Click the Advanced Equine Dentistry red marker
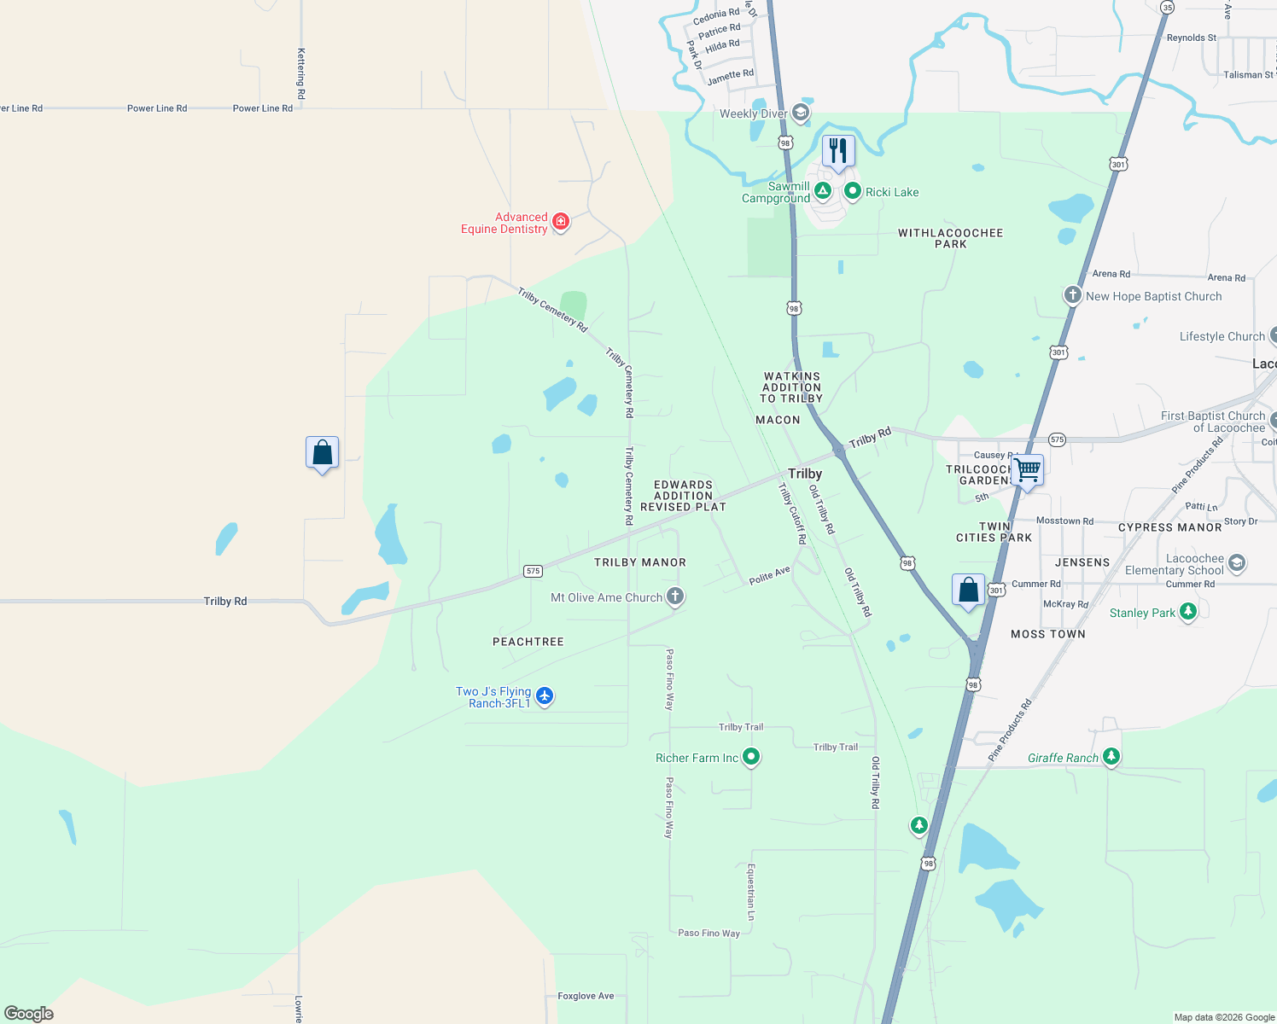561,222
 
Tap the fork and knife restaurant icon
838,152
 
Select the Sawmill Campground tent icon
823,191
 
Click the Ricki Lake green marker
852,191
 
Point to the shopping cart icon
1028,469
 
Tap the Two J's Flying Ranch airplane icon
545,696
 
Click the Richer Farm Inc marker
751,756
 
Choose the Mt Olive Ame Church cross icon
675,596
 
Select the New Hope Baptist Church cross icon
1073,295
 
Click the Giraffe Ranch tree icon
1111,756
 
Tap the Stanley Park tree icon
1187,611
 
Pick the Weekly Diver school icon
800,113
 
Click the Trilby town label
805,474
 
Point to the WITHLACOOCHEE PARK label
950,238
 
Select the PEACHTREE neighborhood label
528,642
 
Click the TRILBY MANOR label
640,562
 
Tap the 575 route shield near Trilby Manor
533,571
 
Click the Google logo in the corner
29,1013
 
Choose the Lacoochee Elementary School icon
1237,563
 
